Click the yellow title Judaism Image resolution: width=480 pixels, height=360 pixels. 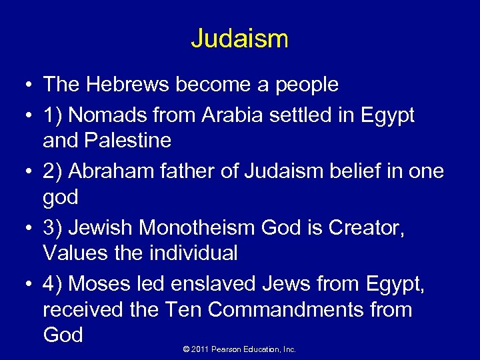coord(239,38)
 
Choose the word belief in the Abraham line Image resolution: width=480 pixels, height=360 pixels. coord(369,171)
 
